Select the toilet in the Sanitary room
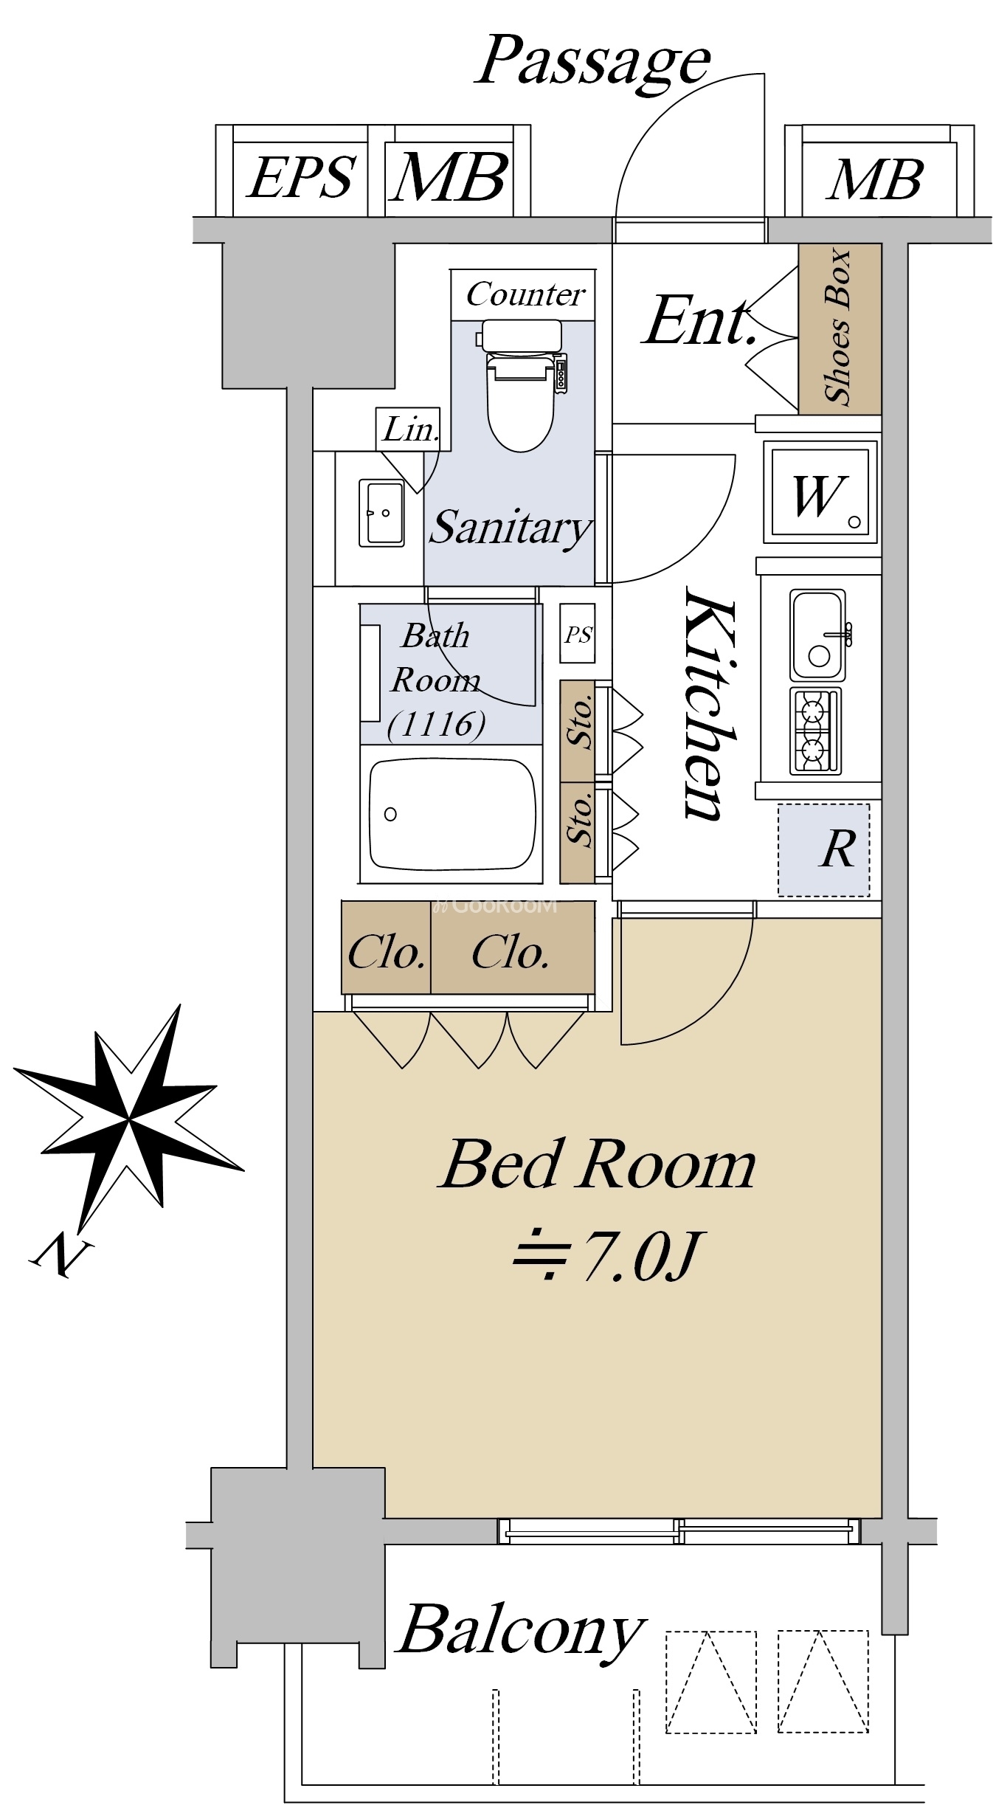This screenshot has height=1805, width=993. pos(521,385)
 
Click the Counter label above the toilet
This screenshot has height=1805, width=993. pos(525,295)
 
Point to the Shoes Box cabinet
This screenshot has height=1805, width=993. pos(840,328)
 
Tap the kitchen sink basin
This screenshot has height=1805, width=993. pos(818,635)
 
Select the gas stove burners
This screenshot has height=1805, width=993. pos(815,731)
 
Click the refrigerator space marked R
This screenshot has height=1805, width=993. pos(824,850)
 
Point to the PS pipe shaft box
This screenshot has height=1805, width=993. pos(578,635)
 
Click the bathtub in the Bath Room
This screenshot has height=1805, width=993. pos(452,815)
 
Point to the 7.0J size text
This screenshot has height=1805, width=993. pos(606,1255)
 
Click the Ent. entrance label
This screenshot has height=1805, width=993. pos(701,322)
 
